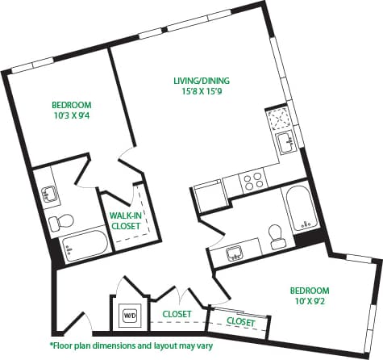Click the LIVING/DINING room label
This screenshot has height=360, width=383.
[202, 80]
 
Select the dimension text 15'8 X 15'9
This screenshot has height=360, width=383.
[202, 92]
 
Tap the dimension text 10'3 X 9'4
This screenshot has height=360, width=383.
[72, 116]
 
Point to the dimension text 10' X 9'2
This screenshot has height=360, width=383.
[310, 302]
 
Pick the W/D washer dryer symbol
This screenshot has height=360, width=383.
[129, 315]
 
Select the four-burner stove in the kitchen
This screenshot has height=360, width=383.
[253, 180]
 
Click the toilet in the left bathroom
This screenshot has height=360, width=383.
[59, 221]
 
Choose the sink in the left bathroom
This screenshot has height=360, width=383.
[50, 193]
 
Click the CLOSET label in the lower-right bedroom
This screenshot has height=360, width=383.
[240, 322]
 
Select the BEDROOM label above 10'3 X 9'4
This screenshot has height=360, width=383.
[72, 105]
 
